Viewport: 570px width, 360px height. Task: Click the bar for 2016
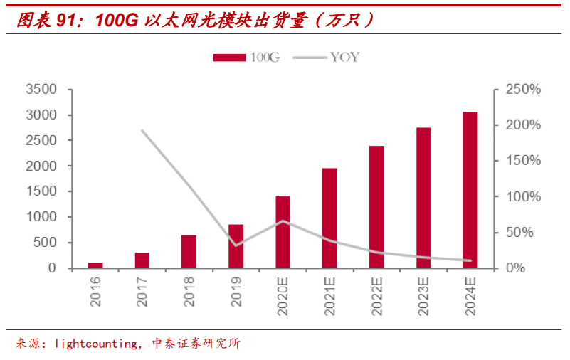pyautogui.click(x=95, y=265)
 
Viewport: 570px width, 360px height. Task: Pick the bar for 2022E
pyautogui.click(x=376, y=207)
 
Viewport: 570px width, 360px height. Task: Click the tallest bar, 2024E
pyautogui.click(x=470, y=190)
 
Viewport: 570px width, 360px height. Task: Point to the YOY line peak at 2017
pyautogui.click(x=142, y=131)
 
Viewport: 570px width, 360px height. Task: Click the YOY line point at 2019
pyautogui.click(x=236, y=245)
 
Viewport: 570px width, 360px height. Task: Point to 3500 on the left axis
pyautogui.click(x=41, y=90)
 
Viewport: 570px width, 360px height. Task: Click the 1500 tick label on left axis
pyautogui.click(x=41, y=191)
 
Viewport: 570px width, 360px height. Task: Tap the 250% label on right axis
pyautogui.click(x=523, y=90)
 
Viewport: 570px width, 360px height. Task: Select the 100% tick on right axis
pyautogui.click(x=523, y=196)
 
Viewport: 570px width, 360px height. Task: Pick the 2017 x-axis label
pyautogui.click(x=142, y=292)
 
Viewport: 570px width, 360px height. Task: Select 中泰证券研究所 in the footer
pyautogui.click(x=196, y=344)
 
